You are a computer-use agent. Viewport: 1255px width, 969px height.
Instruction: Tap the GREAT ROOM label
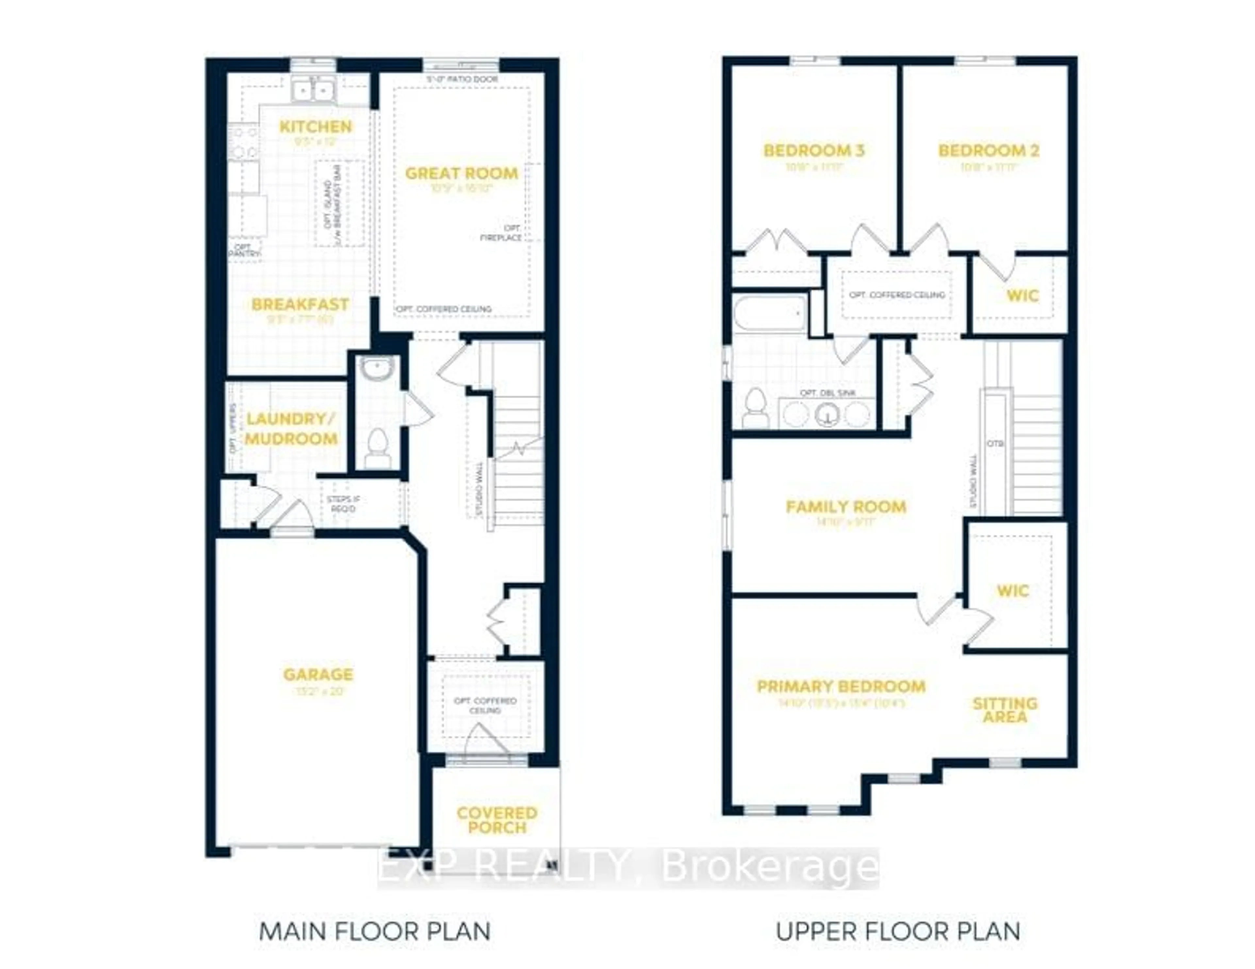coord(461,173)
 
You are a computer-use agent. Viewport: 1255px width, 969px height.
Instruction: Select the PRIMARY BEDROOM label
coord(841,687)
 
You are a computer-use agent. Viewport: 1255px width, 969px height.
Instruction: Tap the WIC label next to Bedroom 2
coord(1022,296)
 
